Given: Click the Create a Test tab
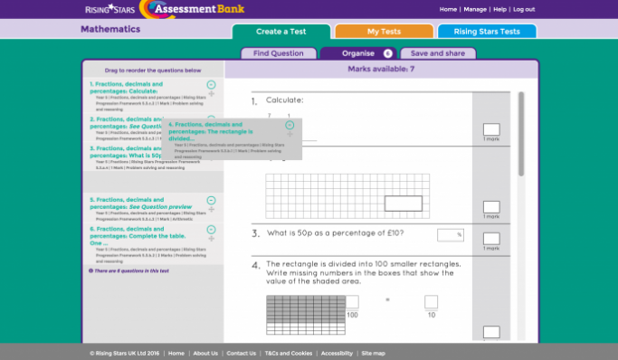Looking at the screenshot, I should pos(280,32).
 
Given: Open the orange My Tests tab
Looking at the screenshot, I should pos(384,32).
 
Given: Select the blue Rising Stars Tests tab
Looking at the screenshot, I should pos(487,32).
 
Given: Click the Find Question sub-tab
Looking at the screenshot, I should pos(278,53).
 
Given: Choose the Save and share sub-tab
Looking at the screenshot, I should pos(438,53).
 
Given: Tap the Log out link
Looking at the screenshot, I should pos(524,9).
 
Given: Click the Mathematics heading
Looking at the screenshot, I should pos(110,29).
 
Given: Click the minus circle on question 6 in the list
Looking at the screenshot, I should pos(212,230).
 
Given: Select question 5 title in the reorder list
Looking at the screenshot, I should pos(127,203).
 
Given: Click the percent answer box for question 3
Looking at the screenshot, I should pos(450,235).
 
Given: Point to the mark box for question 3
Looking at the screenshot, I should pos(491,240).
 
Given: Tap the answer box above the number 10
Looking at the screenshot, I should pos(431,302).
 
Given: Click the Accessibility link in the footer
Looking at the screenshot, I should pos(337,353).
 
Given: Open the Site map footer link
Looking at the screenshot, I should pos(373,353).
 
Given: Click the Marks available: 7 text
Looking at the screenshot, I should pos(381,69).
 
